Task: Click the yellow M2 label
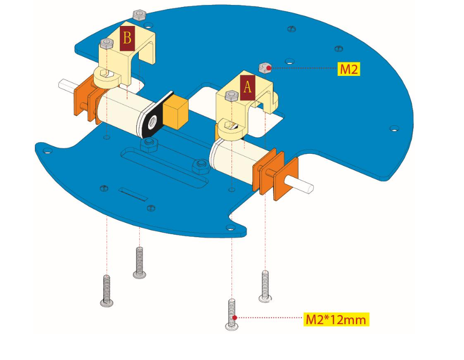coord(349,69)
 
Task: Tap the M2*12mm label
coord(336,319)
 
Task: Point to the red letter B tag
coord(127,38)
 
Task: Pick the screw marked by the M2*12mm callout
coord(232,314)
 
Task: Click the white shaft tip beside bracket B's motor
coord(65,85)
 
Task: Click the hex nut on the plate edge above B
coord(139,15)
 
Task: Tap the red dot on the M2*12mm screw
coord(234,317)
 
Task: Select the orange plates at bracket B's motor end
coord(86,100)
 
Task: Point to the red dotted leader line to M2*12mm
coord(269,318)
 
